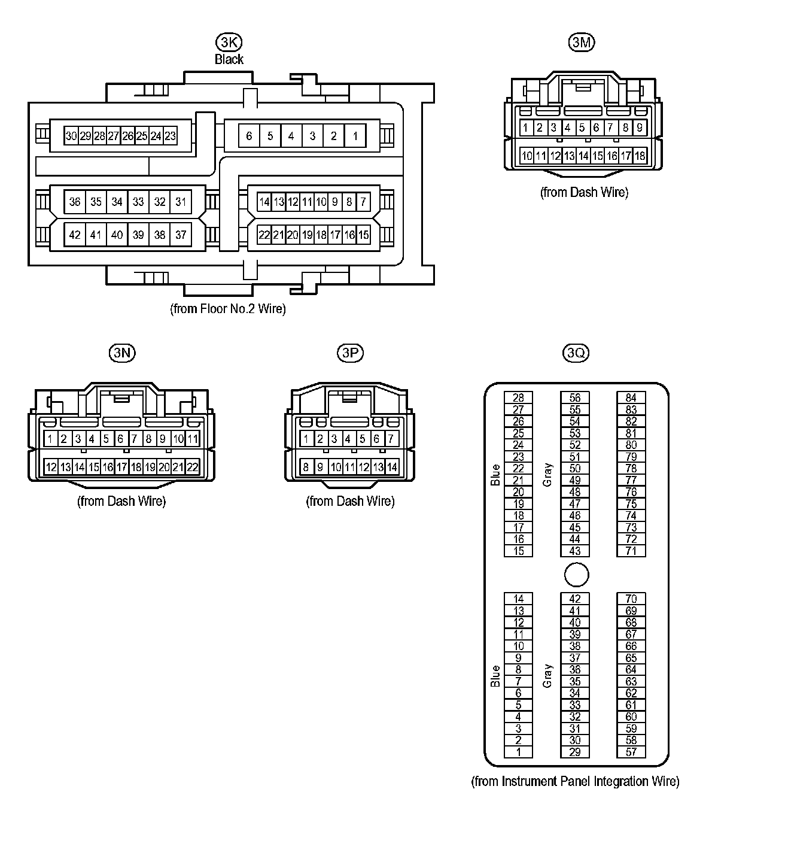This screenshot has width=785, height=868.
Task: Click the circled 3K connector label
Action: pos(229,42)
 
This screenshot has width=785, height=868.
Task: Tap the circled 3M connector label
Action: pos(582,42)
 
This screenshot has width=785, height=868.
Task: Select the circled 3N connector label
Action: pos(122,353)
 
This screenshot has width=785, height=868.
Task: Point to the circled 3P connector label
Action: pos(350,353)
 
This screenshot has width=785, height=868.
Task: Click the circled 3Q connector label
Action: pos(576,353)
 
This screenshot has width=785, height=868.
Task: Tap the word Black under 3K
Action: pos(229,59)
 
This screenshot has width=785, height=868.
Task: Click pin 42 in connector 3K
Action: pos(75,235)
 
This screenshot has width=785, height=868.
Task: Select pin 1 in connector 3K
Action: pos(355,136)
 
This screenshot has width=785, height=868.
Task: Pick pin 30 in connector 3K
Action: pos(71,136)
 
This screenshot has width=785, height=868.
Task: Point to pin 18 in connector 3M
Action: pos(640,156)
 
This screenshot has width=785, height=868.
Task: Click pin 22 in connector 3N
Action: pos(192,467)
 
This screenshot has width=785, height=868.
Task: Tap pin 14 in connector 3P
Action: pos(392,467)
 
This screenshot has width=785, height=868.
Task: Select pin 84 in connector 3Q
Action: pos(631,398)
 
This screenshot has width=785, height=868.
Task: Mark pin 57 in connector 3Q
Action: pos(631,752)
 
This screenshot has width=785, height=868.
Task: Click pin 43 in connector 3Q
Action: pos(575,551)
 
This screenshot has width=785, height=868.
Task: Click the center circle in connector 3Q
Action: pos(576,575)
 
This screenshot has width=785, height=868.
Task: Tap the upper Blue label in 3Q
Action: pos(495,475)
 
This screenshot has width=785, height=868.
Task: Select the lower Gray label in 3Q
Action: pos(547,675)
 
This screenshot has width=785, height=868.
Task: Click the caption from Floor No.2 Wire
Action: pos(228,309)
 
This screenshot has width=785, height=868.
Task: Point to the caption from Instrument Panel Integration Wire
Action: pos(575,781)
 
